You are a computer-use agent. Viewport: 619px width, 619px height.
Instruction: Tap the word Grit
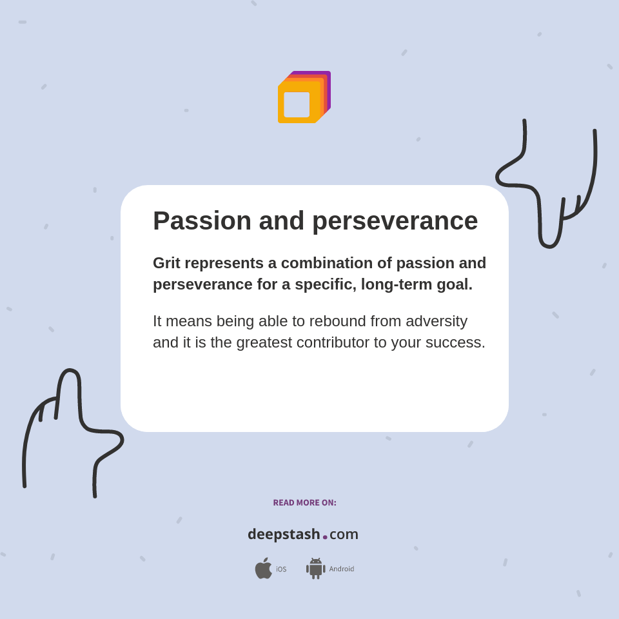(x=168, y=263)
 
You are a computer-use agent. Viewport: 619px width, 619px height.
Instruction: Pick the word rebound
(x=335, y=321)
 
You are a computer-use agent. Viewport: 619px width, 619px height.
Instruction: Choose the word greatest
(x=264, y=342)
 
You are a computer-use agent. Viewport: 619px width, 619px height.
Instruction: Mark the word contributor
(x=334, y=342)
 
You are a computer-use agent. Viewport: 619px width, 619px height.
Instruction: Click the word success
(x=457, y=342)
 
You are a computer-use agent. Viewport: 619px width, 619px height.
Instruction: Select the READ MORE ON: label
(x=304, y=503)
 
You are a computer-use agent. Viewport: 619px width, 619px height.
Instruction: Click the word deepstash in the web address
(x=284, y=535)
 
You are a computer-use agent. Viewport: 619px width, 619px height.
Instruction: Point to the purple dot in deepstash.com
(x=325, y=537)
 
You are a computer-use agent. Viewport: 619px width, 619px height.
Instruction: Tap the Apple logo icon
(x=263, y=569)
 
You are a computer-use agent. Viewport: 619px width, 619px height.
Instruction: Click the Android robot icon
(x=315, y=569)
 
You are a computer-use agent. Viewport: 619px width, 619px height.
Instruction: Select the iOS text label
(x=281, y=569)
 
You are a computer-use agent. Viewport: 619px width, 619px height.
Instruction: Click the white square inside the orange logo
(x=297, y=104)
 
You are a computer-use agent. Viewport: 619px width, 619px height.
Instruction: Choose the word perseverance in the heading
(x=395, y=221)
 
